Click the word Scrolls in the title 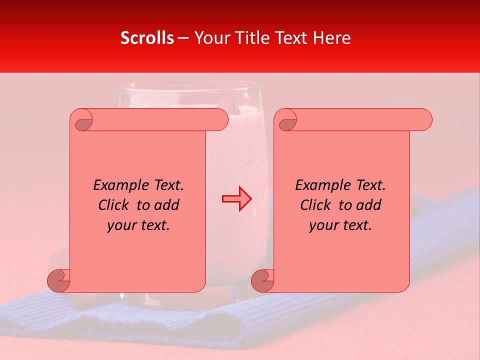point(147,38)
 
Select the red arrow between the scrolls point(236,199)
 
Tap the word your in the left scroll point(120,225)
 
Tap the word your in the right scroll point(322,225)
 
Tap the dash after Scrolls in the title point(183,38)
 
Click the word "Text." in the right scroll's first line point(370,185)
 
